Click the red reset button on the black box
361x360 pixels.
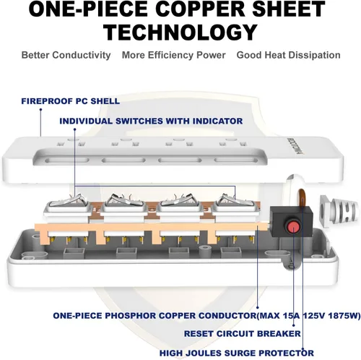click(293, 226)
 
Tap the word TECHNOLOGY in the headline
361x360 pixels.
click(180, 33)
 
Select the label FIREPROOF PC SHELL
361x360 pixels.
click(71, 101)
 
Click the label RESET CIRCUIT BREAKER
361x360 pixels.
click(243, 334)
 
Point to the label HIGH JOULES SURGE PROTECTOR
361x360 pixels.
click(237, 353)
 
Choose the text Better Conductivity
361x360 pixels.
click(66, 55)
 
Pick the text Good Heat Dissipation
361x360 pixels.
click(288, 55)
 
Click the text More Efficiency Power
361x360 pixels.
click(174, 55)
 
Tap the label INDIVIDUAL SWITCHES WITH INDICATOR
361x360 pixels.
click(151, 121)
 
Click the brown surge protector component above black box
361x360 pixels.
click(302, 198)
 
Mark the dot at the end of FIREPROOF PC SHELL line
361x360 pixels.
click(40, 110)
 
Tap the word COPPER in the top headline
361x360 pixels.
click(202, 9)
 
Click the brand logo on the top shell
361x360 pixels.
click(289, 146)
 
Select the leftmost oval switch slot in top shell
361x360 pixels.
click(66, 160)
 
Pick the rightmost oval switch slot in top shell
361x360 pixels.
click(236, 160)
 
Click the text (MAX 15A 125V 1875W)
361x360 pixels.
click(309, 315)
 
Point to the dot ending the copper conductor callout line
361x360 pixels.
click(257, 307)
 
